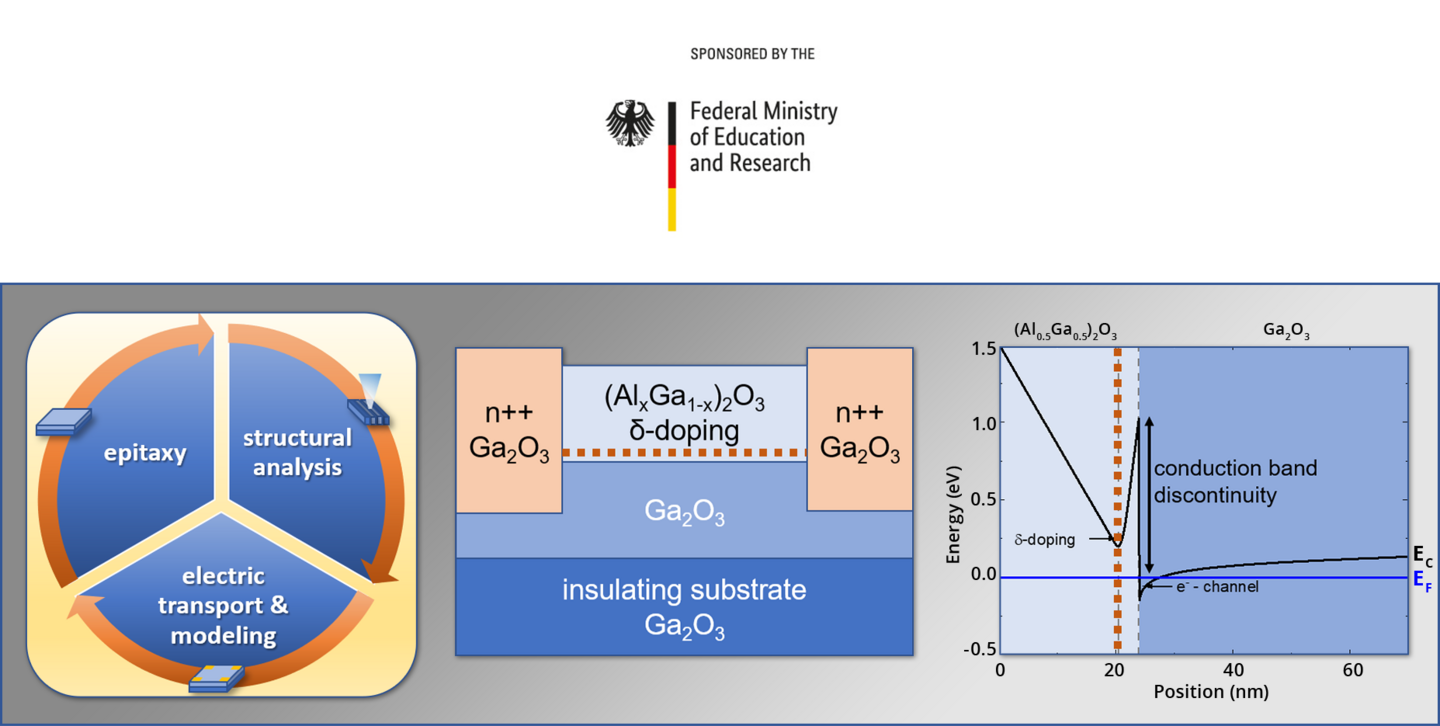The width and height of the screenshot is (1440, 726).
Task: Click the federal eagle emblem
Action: tap(630, 123)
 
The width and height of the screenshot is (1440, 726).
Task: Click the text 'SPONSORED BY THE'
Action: tap(752, 54)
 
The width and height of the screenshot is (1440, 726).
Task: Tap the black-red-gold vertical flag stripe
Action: tap(672, 166)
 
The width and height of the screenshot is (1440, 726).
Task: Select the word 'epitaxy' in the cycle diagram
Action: tap(145, 453)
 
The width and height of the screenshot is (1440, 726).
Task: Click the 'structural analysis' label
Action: tap(298, 453)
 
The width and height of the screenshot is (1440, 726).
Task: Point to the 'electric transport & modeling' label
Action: tap(223, 605)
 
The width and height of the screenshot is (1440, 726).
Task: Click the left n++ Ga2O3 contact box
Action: tap(509, 430)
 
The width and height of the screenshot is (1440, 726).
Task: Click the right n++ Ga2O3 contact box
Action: tap(860, 430)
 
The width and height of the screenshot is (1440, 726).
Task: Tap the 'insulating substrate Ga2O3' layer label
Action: tap(685, 607)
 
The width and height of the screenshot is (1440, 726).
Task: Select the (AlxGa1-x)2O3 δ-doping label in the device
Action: tap(685, 414)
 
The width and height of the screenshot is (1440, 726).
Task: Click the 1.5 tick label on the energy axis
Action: tap(984, 349)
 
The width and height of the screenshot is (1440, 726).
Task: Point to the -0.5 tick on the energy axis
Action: tap(980, 649)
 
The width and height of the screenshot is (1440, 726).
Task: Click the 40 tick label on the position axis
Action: tap(1233, 670)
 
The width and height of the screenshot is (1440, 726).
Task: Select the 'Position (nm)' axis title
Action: tap(1211, 692)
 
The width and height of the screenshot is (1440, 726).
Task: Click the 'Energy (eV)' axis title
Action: tap(953, 515)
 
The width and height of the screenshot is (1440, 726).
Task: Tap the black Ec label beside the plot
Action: tap(1422, 556)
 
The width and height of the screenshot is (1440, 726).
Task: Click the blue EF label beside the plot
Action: tap(1422, 580)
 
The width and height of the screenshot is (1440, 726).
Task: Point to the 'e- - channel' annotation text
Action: tap(1217, 586)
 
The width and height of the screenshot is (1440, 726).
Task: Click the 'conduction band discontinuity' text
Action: tap(1235, 482)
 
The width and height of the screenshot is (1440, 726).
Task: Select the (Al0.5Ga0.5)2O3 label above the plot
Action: tap(1065, 331)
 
